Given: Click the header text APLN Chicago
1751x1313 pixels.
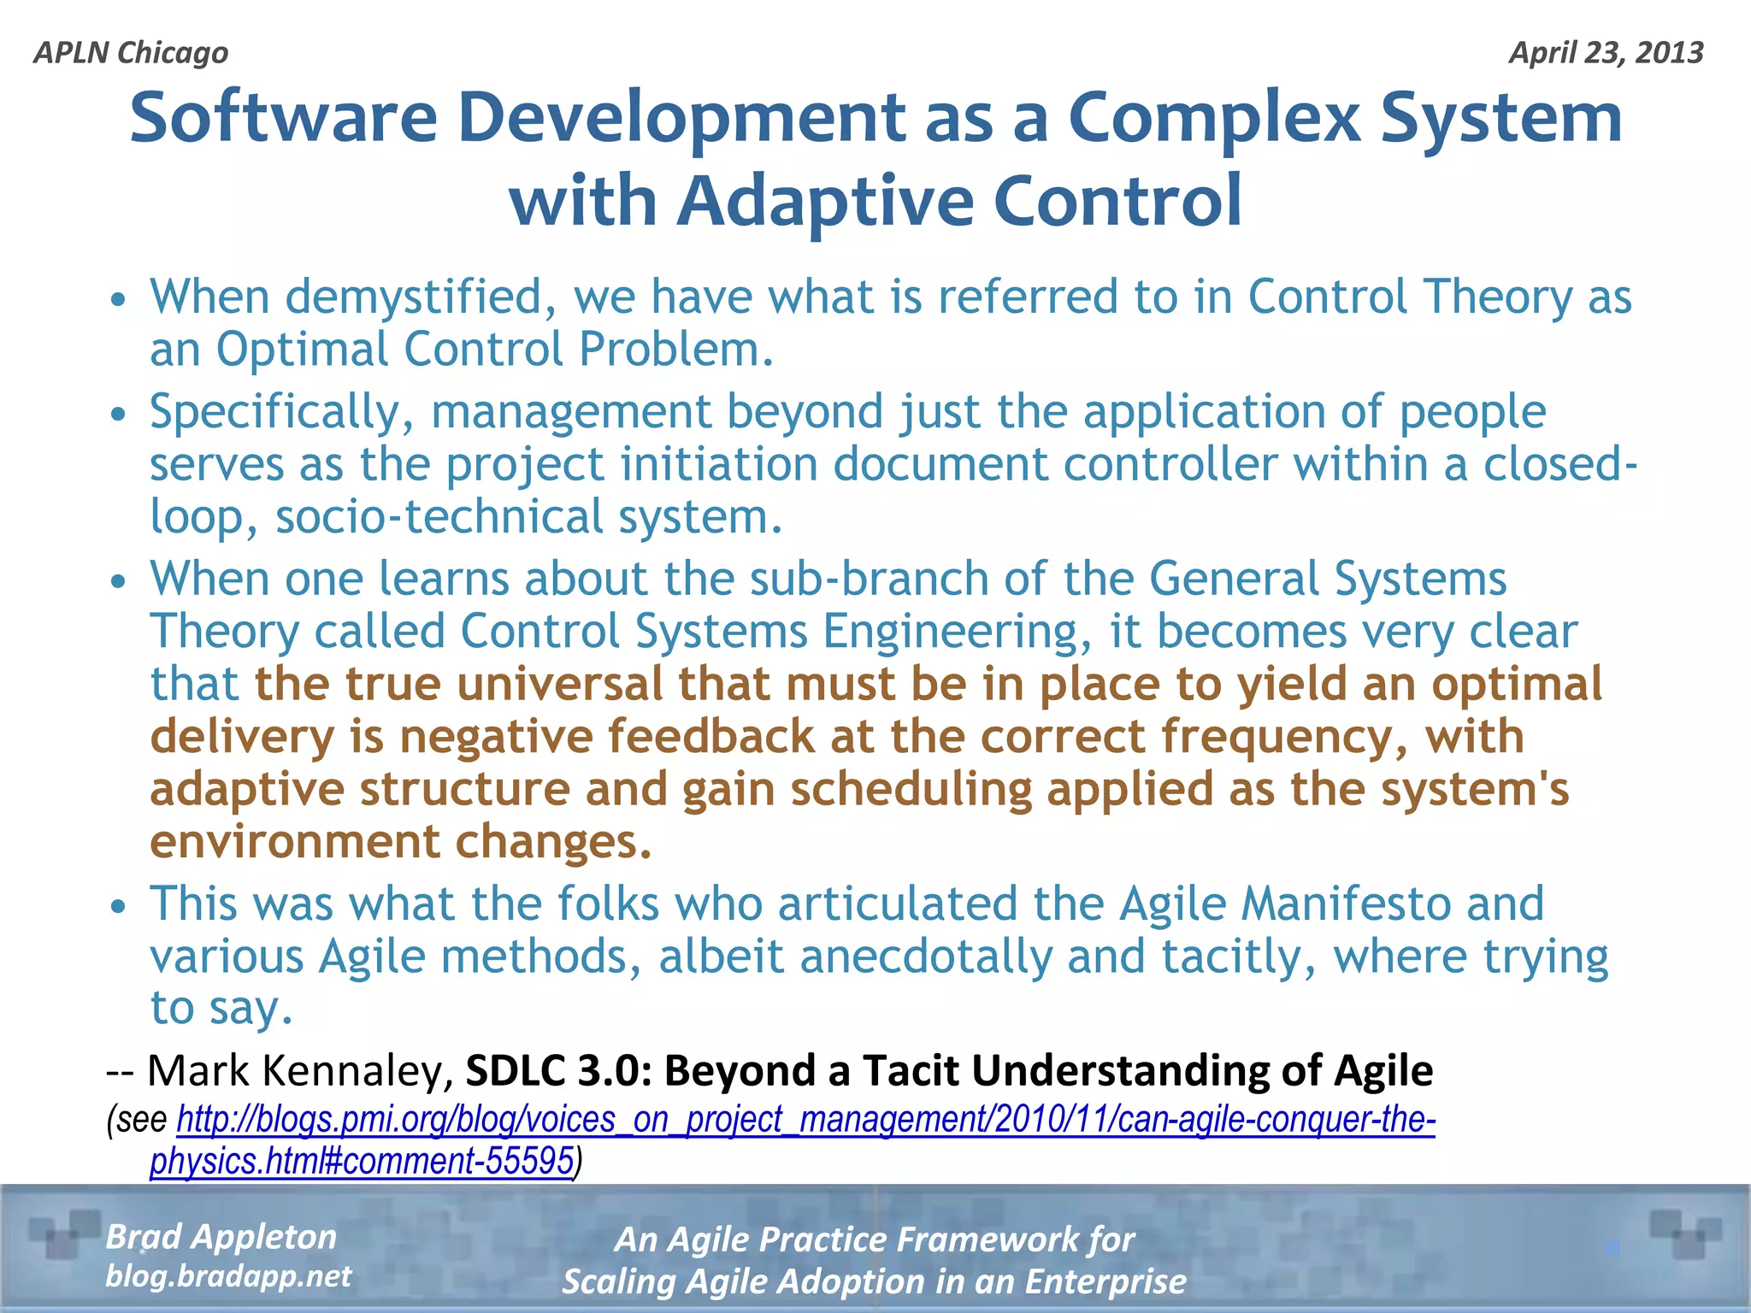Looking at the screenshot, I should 131,53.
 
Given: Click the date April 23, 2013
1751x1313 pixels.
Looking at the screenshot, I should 1606,53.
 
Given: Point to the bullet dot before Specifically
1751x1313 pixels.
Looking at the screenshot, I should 119,415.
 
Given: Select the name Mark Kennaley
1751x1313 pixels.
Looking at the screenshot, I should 300,1071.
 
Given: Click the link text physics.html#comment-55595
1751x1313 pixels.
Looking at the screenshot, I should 361,1162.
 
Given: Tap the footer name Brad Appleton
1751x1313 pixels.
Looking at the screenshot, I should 221,1237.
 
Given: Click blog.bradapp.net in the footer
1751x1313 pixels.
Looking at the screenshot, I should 227,1276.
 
